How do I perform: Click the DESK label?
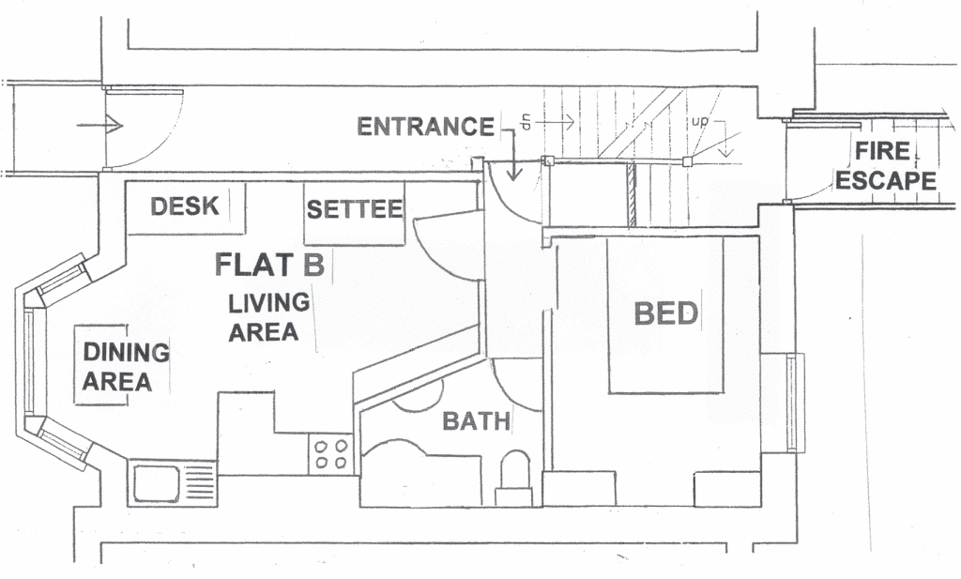point(185,206)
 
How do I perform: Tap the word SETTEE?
point(355,209)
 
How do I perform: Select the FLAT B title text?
point(269,265)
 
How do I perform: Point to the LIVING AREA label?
point(268,317)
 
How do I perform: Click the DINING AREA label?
point(126,366)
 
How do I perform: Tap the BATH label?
point(476,421)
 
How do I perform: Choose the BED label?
point(666,313)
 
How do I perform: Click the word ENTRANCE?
point(425,127)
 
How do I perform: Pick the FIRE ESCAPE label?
point(886,166)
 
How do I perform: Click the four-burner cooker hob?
point(331,453)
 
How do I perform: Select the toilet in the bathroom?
point(513,478)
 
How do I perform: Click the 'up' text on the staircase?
point(700,121)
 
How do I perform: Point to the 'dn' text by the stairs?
point(526,122)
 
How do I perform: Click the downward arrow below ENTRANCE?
point(513,155)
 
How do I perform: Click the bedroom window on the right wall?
point(795,403)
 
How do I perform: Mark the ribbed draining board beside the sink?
point(197,482)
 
